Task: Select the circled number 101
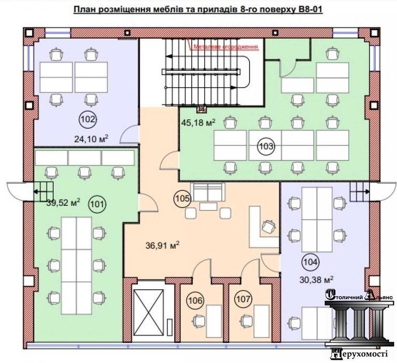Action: [x=97, y=204]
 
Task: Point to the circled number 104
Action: [x=310, y=262]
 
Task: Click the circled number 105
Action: [x=182, y=198]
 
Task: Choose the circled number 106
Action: [x=195, y=300]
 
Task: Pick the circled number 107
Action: [x=243, y=299]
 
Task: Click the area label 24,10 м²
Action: [x=91, y=138]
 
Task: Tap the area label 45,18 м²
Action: [x=198, y=122]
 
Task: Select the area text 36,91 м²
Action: [x=163, y=245]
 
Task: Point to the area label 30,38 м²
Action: [x=316, y=280]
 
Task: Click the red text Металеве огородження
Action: [x=225, y=47]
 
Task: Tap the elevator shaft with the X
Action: [x=149, y=312]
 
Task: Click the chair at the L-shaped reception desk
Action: [x=269, y=226]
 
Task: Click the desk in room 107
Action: [x=262, y=321]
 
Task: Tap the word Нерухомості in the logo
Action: [x=359, y=353]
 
